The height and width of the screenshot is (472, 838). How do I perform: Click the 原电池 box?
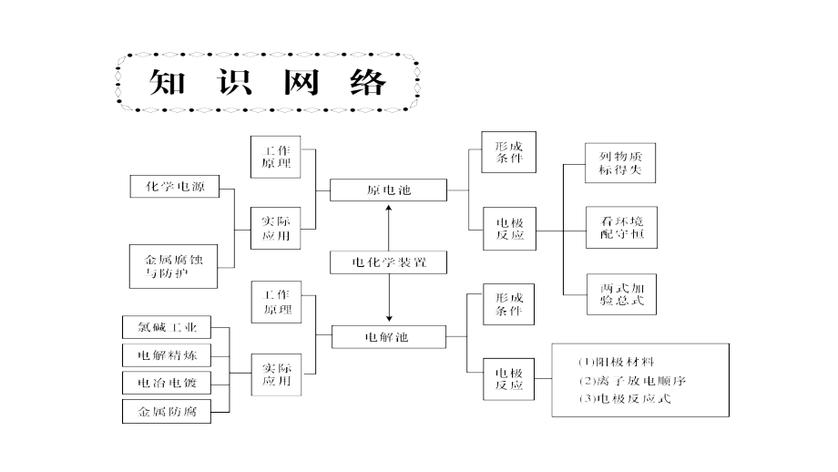point(389,190)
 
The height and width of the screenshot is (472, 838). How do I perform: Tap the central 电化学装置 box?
point(389,263)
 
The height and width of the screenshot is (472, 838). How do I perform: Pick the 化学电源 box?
point(175,188)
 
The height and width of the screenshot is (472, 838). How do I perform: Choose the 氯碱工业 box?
point(167,327)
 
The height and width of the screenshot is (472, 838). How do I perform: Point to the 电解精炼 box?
point(167,355)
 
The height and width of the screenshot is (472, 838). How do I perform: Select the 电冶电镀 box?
point(167,383)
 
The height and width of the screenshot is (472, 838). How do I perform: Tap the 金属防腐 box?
point(167,412)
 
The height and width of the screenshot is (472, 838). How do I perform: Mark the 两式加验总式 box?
point(622,292)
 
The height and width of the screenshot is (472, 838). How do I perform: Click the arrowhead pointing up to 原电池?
point(389,209)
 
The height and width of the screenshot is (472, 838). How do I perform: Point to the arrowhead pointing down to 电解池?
point(389,318)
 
